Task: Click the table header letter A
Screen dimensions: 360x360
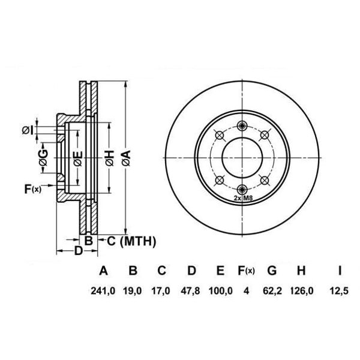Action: [104, 271]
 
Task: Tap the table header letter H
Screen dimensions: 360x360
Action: [301, 271]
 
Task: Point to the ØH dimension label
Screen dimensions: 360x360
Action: [109, 158]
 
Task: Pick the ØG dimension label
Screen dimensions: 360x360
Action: [43, 158]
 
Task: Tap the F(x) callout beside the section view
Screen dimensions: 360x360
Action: [32, 190]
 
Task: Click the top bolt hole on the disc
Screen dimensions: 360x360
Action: [242, 125]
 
